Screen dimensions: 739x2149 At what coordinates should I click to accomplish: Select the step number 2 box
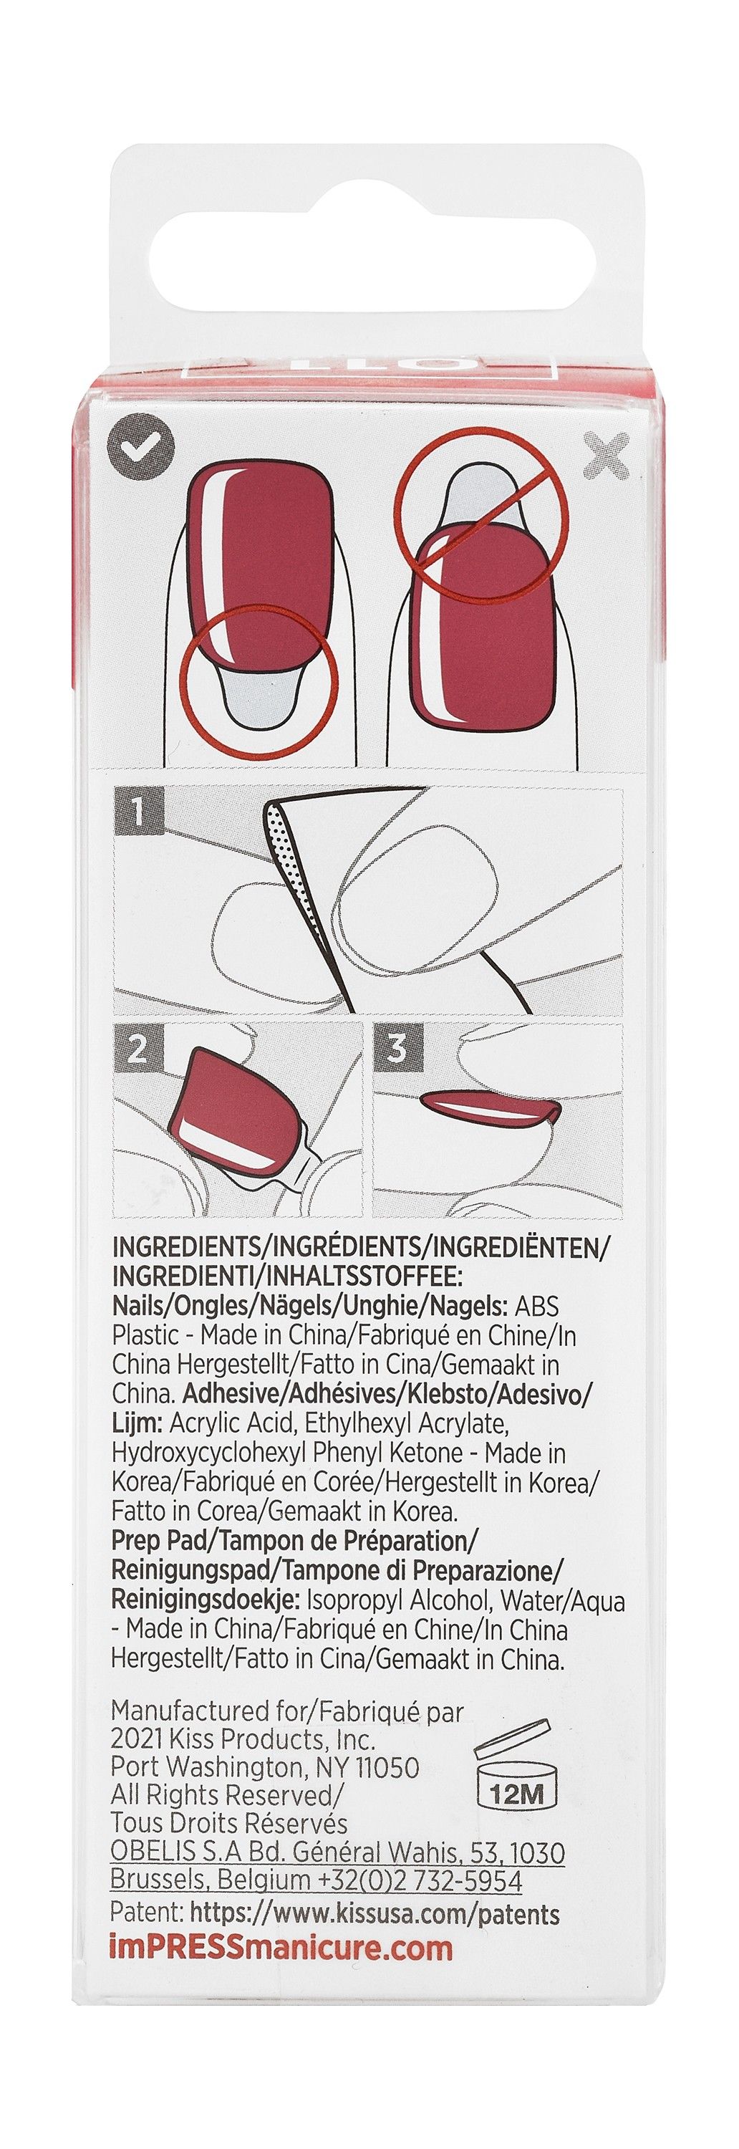tap(137, 1049)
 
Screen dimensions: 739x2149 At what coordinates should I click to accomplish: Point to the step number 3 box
tap(397, 1049)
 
